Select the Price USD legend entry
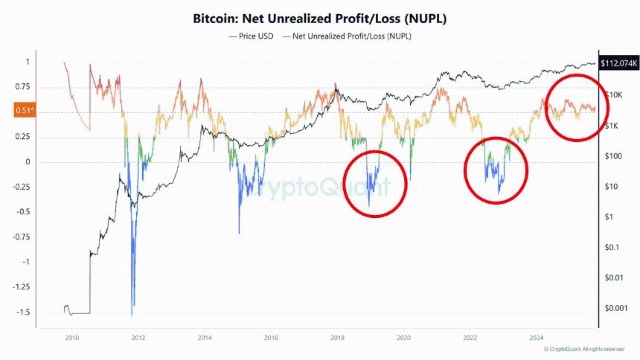point(252,35)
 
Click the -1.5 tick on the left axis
point(22,312)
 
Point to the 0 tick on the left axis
point(27,162)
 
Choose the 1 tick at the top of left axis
point(27,62)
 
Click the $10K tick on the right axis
point(614,94)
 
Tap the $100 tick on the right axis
point(613,156)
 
